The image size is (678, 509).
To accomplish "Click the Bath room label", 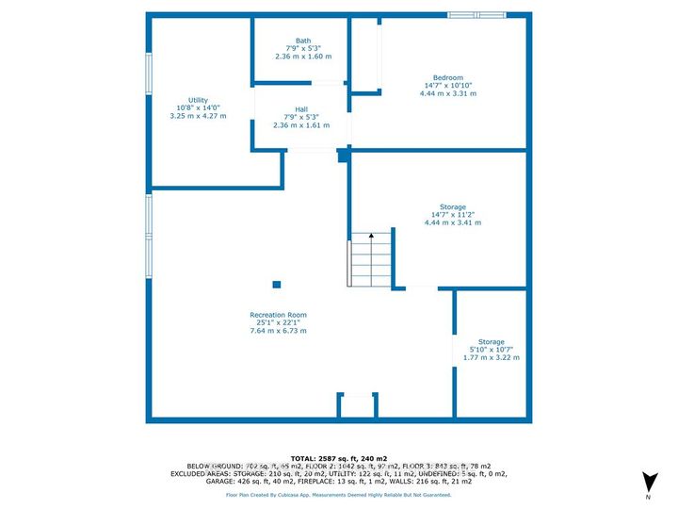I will [303, 41].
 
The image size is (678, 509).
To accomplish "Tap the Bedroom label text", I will [447, 77].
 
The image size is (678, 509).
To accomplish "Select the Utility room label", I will [198, 100].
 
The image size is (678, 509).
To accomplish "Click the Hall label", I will [301, 109].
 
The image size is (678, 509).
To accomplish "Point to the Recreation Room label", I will [278, 315].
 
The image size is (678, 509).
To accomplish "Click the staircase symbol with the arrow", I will [363, 261].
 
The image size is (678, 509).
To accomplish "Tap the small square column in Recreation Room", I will [277, 284].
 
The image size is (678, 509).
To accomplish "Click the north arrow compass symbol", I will [647, 482].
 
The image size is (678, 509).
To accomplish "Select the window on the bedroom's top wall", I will [476, 14].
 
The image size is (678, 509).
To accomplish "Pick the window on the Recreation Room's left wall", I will [148, 237].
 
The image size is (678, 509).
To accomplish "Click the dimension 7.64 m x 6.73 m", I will [278, 332].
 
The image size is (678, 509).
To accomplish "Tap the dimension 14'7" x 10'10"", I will [447, 86].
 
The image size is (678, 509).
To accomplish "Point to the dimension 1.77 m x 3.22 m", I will [491, 358].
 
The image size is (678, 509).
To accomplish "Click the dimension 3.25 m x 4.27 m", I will [198, 117].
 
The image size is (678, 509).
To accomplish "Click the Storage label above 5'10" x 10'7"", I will [491, 341].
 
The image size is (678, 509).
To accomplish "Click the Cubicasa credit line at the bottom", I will [338, 494].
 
